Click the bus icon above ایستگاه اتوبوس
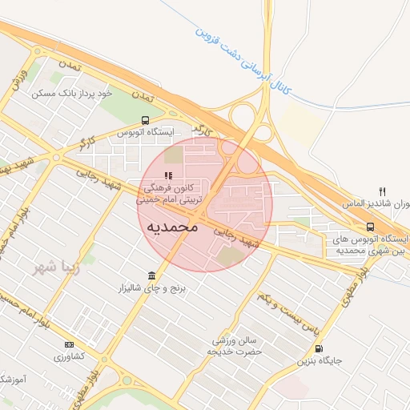pos(145,121)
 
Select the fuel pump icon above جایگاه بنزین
pos(320,348)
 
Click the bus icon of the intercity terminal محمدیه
pos(369,227)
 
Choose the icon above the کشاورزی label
pos(67,344)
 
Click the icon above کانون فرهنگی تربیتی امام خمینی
pos(168,175)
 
